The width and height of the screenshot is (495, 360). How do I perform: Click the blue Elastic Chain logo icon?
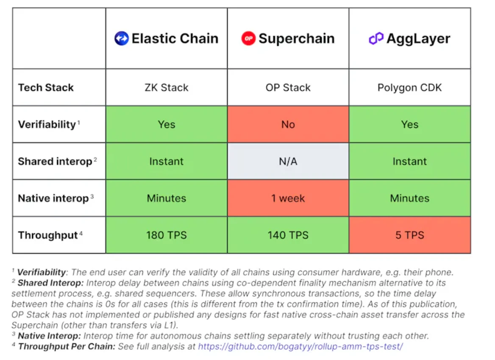point(121,39)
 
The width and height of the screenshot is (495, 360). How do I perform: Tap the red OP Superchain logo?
point(248,39)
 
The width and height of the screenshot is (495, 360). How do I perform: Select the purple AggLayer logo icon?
point(376,39)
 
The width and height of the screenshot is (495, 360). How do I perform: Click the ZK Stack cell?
point(167,88)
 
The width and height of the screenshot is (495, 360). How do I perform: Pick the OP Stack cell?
point(288,88)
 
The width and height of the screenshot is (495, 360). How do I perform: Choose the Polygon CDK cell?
point(409,88)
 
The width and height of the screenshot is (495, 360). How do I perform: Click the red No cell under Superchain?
point(288,125)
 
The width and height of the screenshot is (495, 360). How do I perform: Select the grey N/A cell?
point(288,161)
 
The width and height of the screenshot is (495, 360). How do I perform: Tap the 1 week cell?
point(288,198)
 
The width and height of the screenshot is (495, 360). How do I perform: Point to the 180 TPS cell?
point(167,235)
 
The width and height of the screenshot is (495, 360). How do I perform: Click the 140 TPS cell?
point(288,235)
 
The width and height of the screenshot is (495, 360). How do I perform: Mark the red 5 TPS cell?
point(409,235)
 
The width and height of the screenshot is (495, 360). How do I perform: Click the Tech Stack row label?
point(46,88)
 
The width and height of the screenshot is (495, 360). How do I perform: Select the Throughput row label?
point(48,235)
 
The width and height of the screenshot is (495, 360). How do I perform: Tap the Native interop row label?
point(53,198)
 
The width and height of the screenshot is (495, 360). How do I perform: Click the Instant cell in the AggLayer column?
point(409,161)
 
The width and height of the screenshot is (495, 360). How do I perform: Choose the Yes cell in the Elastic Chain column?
point(167,125)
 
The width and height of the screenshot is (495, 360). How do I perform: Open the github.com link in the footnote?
point(300,346)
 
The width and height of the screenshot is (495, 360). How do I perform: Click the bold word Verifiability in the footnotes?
point(41,272)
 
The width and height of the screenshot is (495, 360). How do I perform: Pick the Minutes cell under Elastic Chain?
point(167,198)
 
